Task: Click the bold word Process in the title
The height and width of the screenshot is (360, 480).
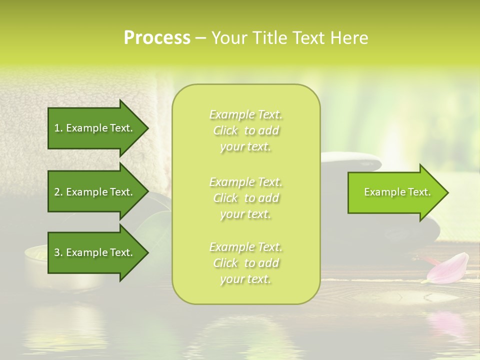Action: point(157,38)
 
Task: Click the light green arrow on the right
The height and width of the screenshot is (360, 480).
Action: point(395,192)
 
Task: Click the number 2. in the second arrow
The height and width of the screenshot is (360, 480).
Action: point(58,192)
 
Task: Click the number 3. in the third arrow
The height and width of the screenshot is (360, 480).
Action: point(58,252)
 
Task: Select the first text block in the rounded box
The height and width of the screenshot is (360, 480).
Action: point(245,130)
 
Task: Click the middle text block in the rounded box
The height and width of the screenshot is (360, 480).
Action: point(245,197)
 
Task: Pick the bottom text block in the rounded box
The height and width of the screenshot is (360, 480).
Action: point(245,263)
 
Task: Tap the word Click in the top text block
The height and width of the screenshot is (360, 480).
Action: point(225,131)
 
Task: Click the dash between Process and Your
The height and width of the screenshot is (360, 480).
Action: point(200,38)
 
